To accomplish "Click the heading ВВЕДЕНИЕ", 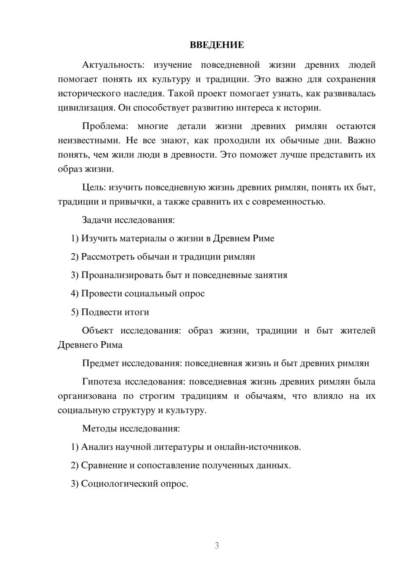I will pyautogui.click(x=217, y=45).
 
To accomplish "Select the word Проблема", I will pyautogui.click(x=105, y=126).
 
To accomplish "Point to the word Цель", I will pyautogui.click(x=94, y=188).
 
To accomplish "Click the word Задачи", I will pyautogui.click(x=97, y=220).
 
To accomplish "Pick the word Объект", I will pyautogui.click(x=98, y=331).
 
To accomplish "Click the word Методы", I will pyautogui.click(x=99, y=428).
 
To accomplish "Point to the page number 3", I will pyautogui.click(x=217, y=545).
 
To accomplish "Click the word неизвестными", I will pyautogui.click(x=90, y=141).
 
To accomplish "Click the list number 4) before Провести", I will pyautogui.click(x=75, y=293).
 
